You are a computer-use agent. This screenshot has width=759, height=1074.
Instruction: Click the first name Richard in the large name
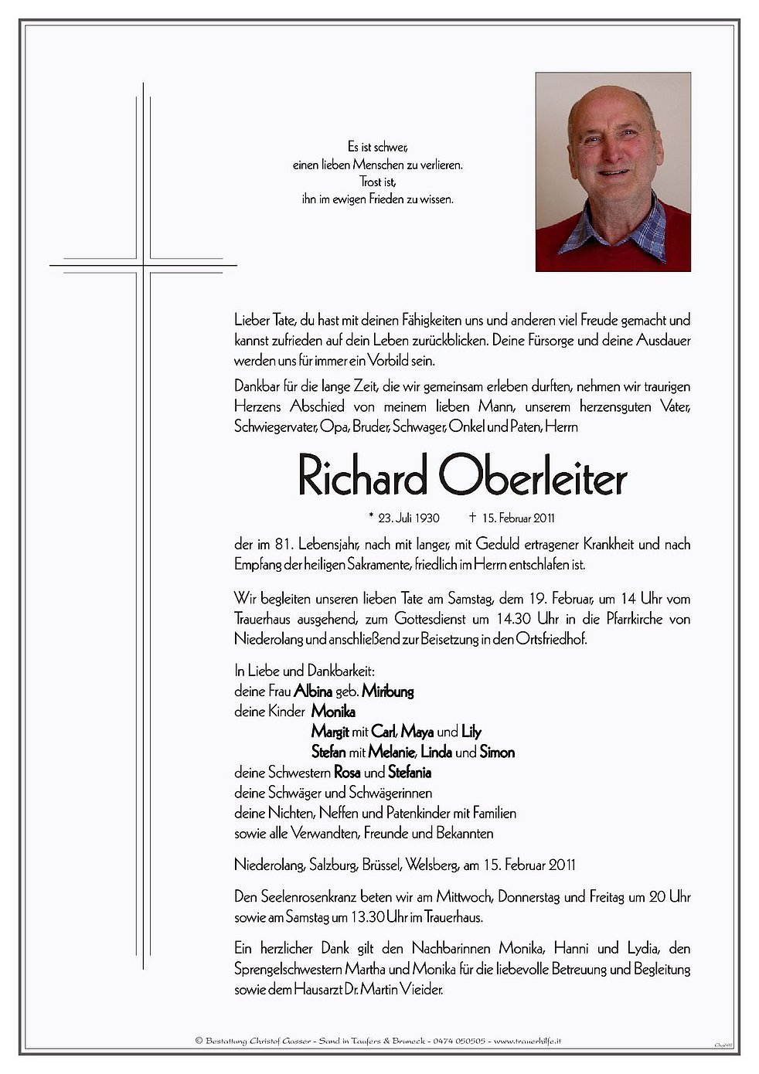click(362, 479)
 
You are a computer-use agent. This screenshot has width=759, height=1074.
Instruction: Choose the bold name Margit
click(330, 732)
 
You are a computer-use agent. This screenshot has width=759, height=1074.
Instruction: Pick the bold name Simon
click(497, 752)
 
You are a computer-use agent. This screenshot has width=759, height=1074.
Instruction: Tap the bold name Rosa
click(347, 773)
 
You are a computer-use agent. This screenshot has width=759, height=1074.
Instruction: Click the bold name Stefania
click(410, 773)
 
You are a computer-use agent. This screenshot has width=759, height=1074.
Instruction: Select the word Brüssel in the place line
click(377, 865)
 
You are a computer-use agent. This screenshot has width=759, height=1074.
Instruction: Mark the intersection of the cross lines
click(143, 266)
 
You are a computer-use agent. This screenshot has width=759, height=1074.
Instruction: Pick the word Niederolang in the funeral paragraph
click(266, 639)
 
